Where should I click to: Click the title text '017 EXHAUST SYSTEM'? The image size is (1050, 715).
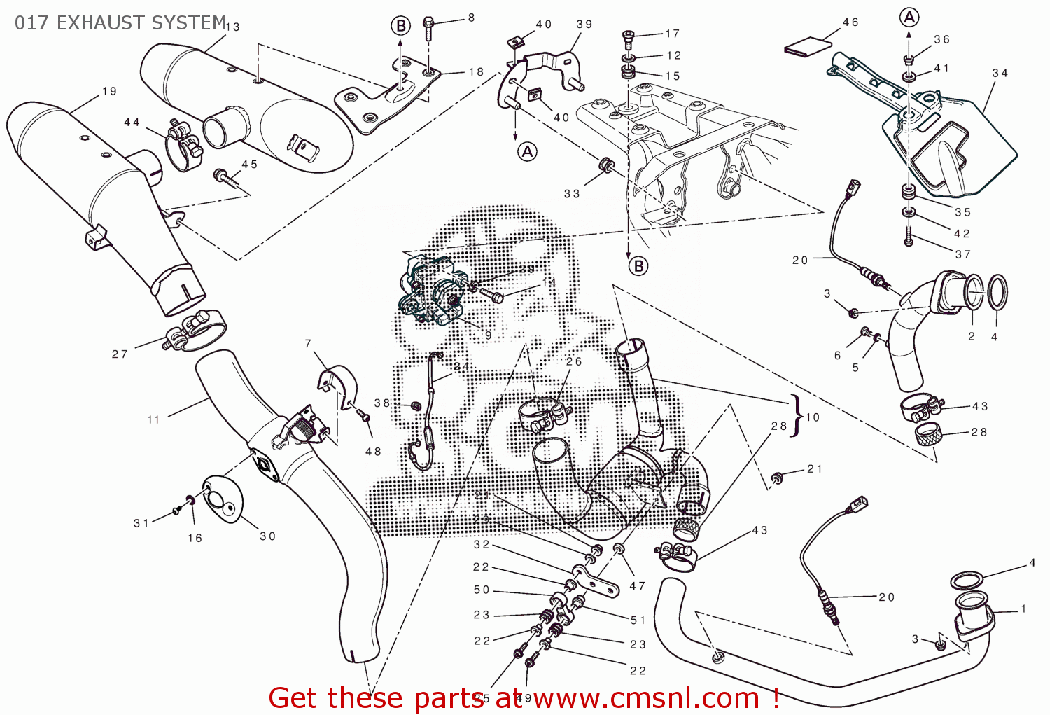(120, 23)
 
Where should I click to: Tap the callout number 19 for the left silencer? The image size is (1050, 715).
(110, 92)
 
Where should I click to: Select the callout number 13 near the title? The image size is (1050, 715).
(233, 27)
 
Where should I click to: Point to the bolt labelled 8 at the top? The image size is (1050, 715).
(428, 29)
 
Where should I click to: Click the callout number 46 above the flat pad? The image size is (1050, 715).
(850, 22)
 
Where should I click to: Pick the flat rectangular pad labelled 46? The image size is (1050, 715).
(808, 48)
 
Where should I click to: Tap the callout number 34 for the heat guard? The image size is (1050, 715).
(1000, 73)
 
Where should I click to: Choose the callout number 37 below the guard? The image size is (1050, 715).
(963, 254)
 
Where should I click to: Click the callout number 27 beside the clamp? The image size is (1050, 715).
(120, 354)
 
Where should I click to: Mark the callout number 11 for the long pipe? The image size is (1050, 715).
(154, 419)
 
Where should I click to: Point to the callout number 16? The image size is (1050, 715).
(195, 538)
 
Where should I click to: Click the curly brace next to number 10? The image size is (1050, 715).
(796, 415)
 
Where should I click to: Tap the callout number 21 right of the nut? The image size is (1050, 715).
(815, 469)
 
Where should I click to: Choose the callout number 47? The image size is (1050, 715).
(637, 586)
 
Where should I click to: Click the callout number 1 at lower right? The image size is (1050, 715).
(1023, 609)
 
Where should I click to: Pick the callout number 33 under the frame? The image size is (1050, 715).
(572, 194)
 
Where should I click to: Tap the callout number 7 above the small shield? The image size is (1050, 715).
(308, 343)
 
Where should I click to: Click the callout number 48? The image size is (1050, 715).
(373, 452)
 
